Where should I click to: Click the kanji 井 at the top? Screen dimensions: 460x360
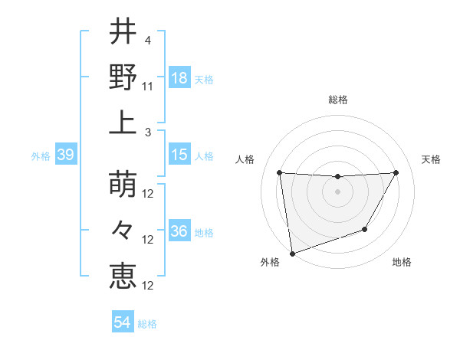[x=123, y=31]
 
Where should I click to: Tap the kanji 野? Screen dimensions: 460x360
[x=123, y=77]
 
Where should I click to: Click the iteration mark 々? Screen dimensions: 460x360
[x=123, y=231]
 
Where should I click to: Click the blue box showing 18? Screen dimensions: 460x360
[x=179, y=79]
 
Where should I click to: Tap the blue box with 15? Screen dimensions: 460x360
[x=179, y=155]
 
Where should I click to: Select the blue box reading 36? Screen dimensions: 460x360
[x=179, y=232]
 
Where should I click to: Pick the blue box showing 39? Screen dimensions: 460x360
[x=65, y=155]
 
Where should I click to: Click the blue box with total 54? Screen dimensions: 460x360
[x=122, y=323]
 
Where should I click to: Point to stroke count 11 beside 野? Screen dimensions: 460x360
[x=149, y=87]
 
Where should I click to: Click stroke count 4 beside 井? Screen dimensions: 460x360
[x=147, y=41]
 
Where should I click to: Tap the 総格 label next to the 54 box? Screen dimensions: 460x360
[x=147, y=324]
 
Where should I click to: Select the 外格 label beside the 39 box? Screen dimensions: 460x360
[x=41, y=156]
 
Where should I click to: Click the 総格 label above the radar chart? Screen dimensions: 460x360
[x=337, y=100]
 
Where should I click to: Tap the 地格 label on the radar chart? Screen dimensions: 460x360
[x=402, y=263]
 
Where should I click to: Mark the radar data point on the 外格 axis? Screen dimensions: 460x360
[x=292, y=253]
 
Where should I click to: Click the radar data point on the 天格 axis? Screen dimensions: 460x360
[x=396, y=172]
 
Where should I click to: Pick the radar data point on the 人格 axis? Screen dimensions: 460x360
[x=279, y=172]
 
